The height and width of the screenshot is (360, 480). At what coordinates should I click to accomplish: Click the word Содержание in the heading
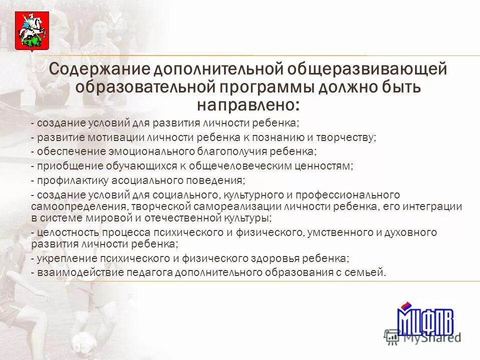(100, 69)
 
